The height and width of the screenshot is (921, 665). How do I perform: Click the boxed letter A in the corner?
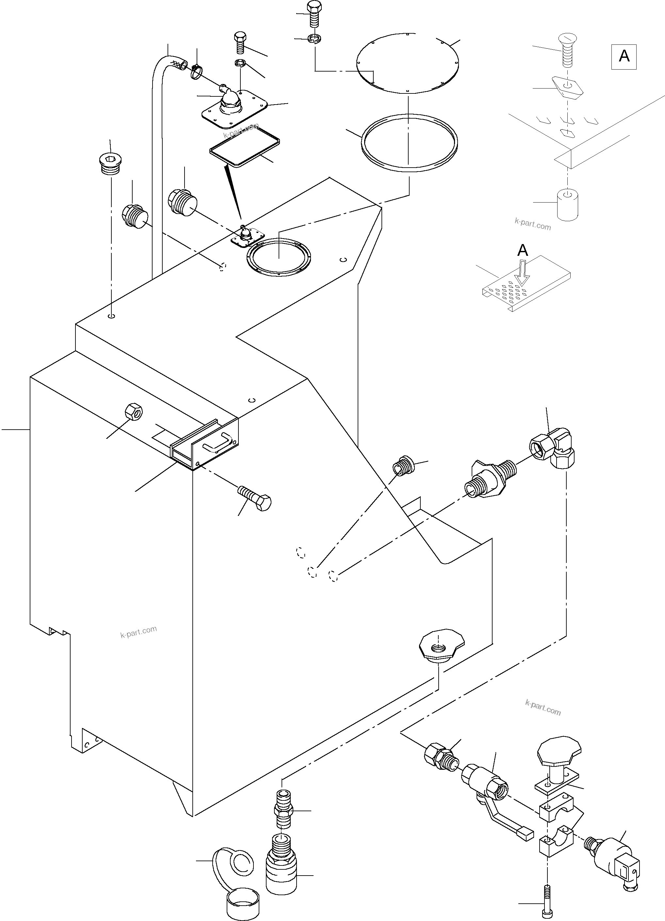click(624, 57)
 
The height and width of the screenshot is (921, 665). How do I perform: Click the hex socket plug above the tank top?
click(110, 164)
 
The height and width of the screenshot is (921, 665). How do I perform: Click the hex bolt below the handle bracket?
click(254, 498)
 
